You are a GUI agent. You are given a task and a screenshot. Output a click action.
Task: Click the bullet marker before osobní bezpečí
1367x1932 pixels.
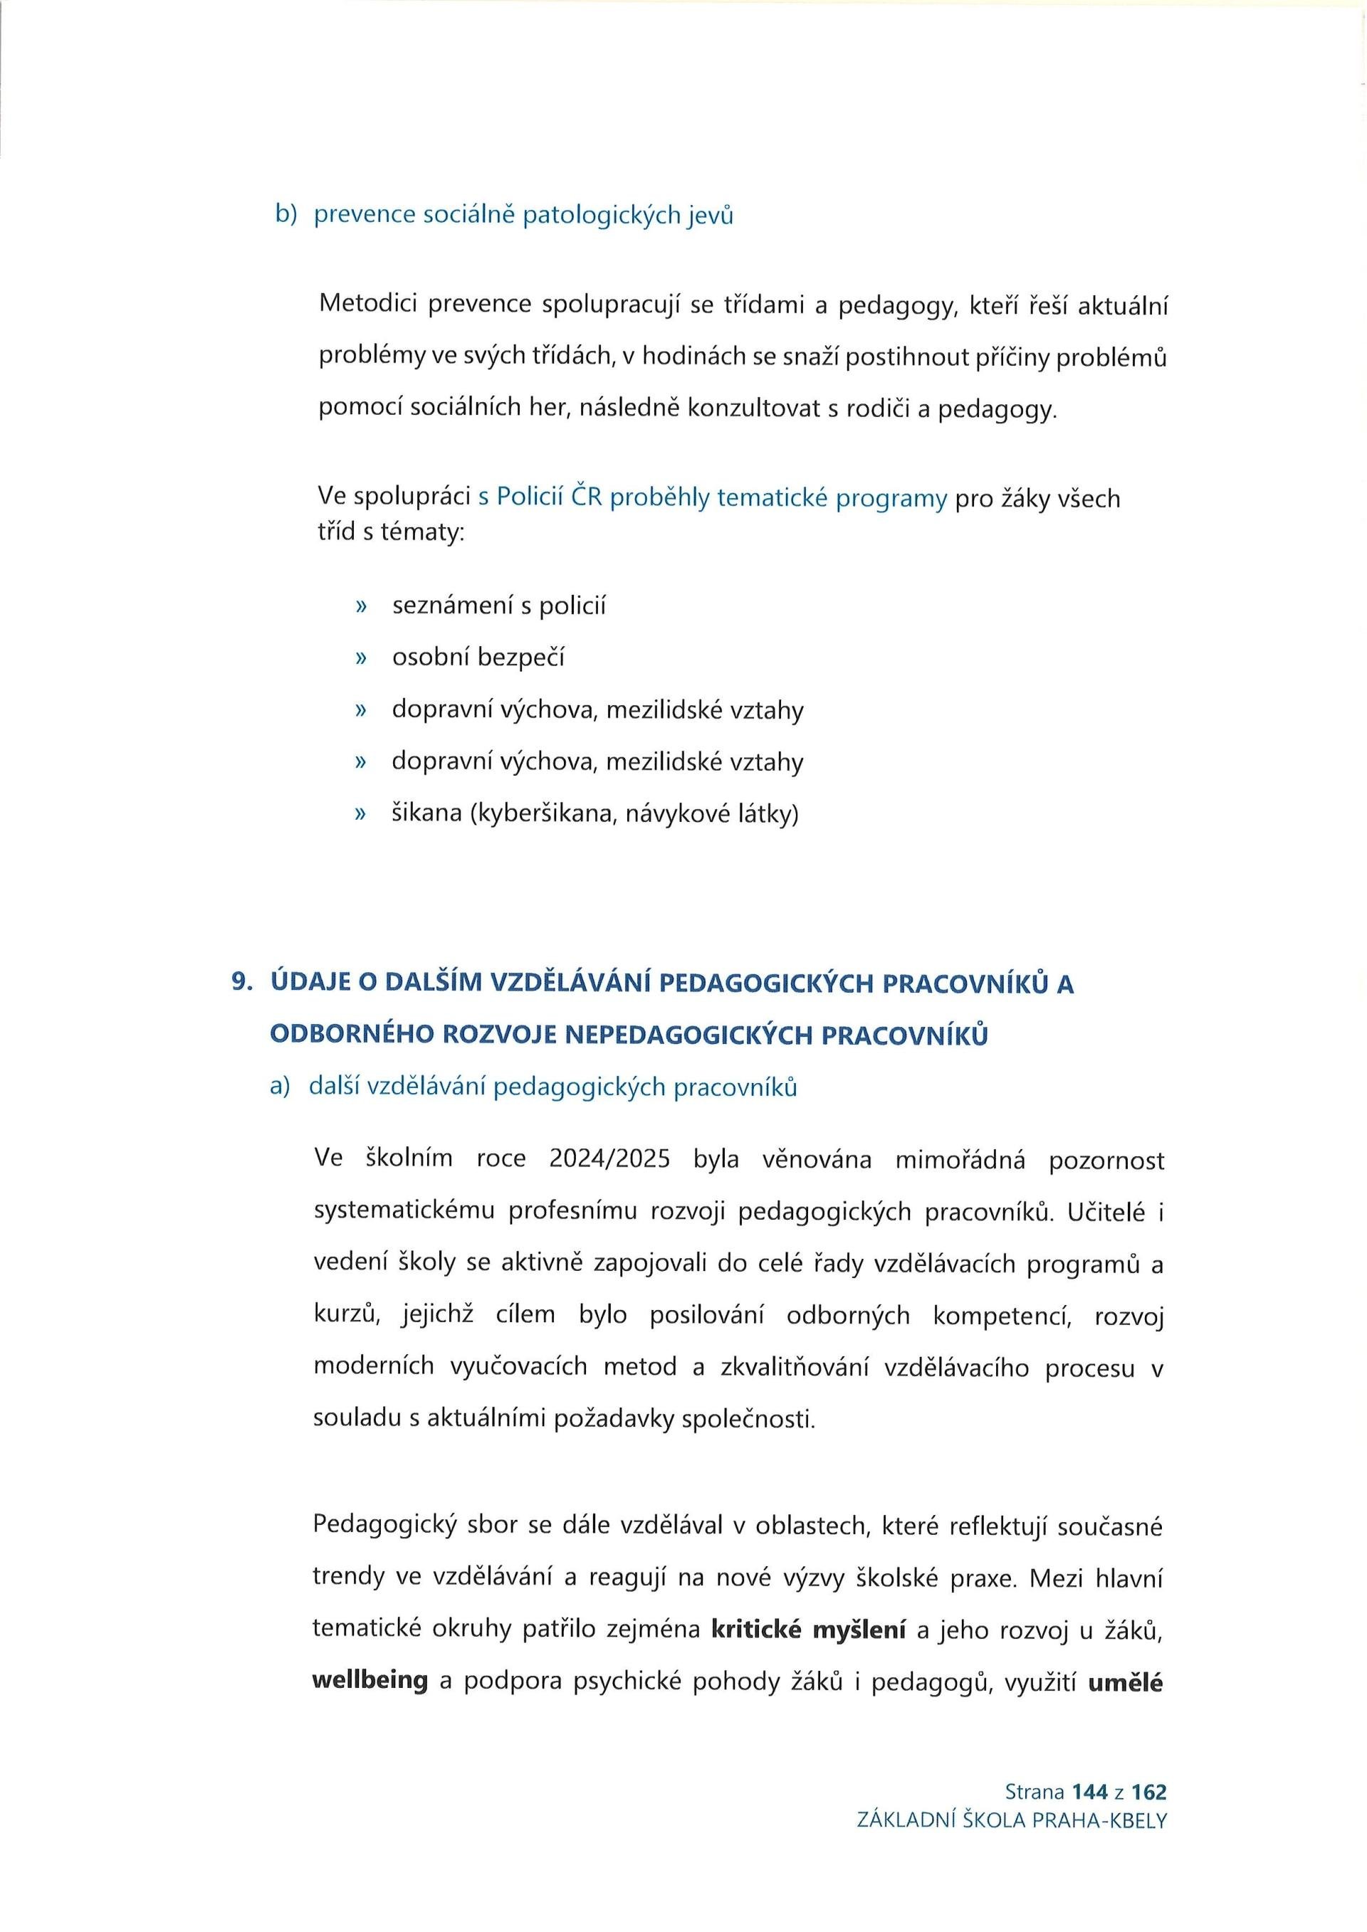362,658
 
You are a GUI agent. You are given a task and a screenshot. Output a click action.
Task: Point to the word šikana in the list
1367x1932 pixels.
426,813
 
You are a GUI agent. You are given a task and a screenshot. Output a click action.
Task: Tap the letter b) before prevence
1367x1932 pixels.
286,215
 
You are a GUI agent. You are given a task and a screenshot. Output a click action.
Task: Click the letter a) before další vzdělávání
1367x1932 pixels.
280,1087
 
